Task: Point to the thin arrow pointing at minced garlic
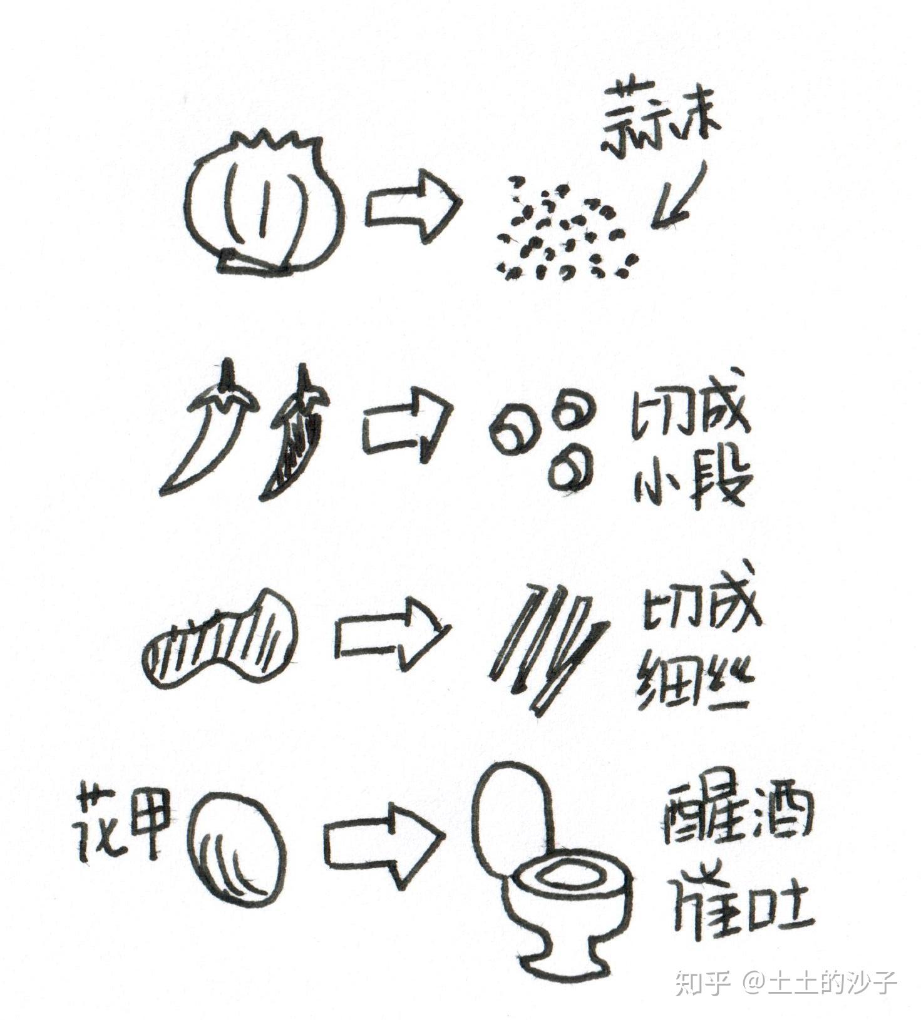point(679,197)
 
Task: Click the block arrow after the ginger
point(393,632)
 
